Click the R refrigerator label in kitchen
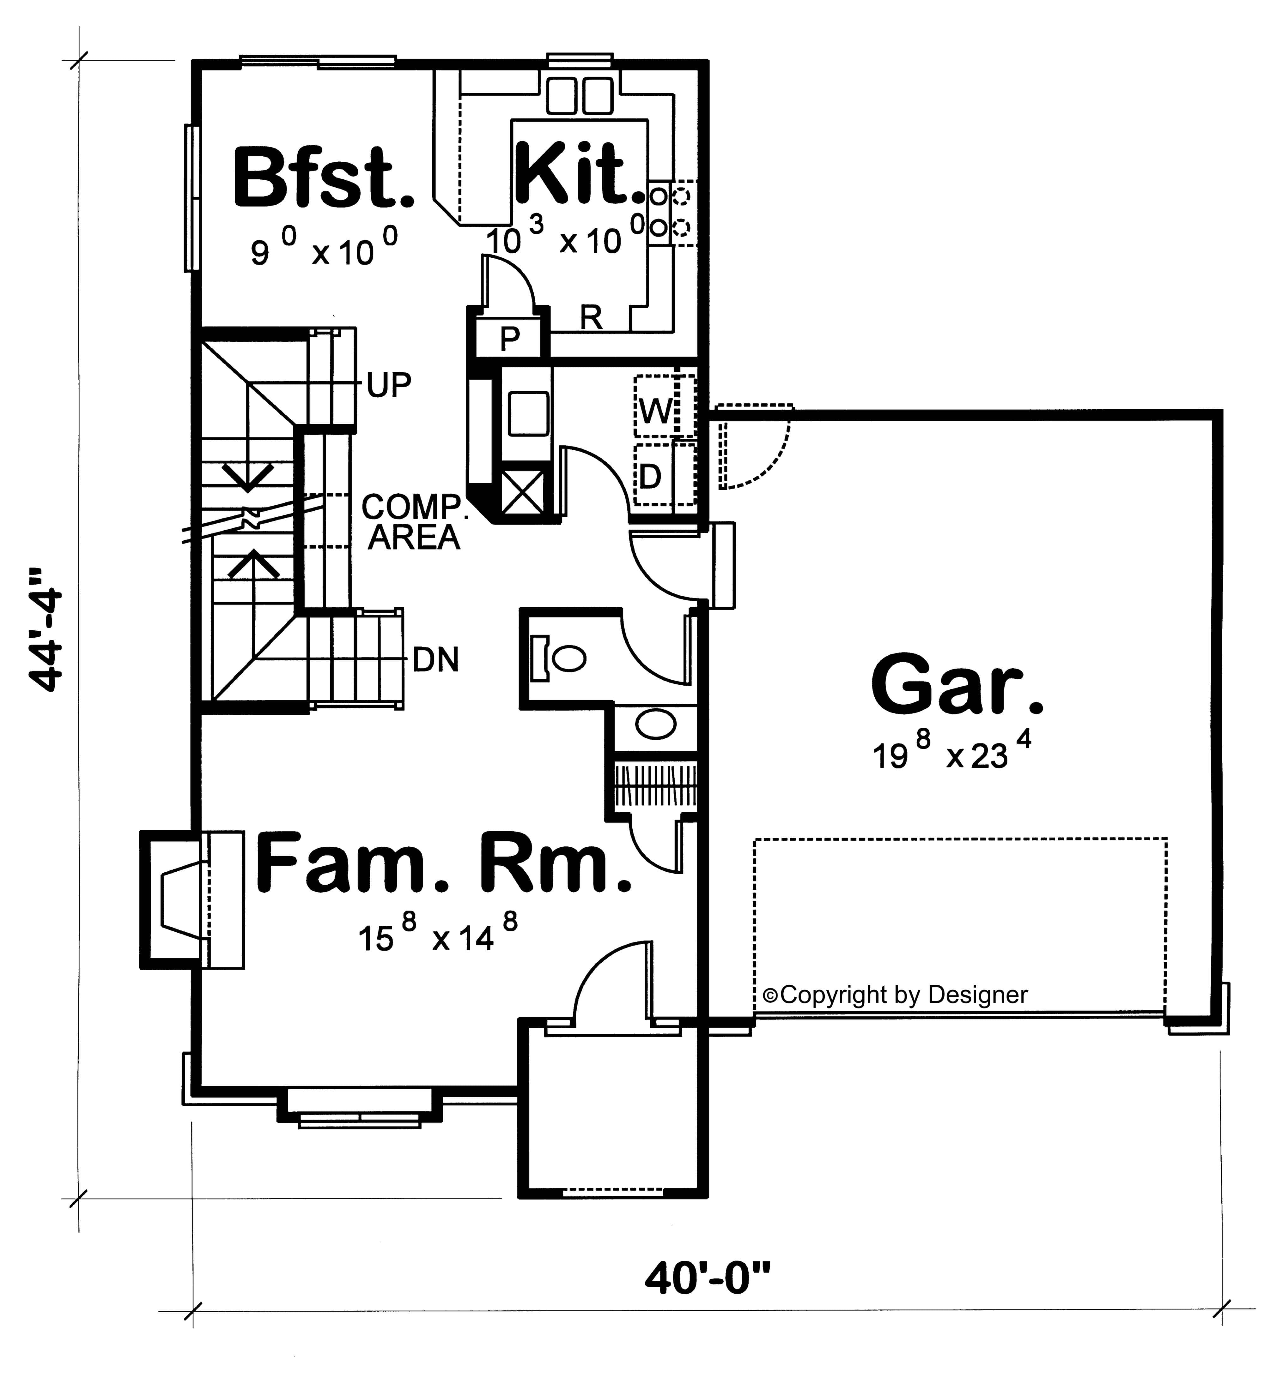tap(591, 318)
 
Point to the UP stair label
tap(388, 386)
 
